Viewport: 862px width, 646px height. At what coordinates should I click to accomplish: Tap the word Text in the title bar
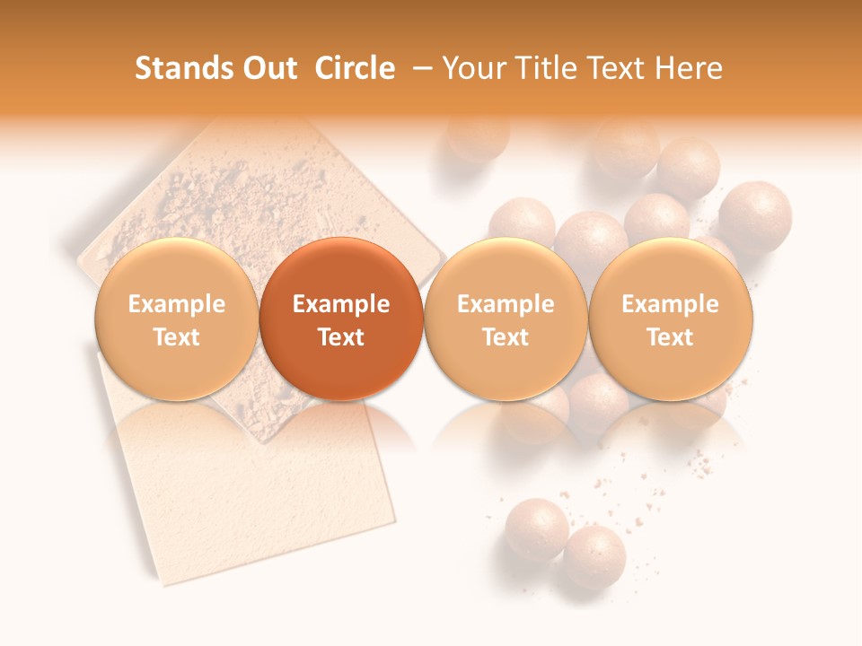pyautogui.click(x=620, y=68)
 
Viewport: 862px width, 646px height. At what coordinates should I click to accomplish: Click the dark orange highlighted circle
pyautogui.click(x=341, y=319)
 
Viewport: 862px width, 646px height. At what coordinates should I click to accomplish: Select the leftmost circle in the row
pyautogui.click(x=177, y=319)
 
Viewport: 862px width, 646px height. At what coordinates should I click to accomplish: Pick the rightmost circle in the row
pyautogui.click(x=671, y=319)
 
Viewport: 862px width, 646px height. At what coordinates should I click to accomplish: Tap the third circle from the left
pyautogui.click(x=506, y=319)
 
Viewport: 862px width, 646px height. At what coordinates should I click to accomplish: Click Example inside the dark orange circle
pyautogui.click(x=341, y=304)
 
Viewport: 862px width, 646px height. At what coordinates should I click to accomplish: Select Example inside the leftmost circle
pyautogui.click(x=177, y=304)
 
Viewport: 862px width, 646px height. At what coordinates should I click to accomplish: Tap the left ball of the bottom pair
pyautogui.click(x=536, y=529)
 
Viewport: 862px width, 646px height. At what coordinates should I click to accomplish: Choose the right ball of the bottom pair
pyautogui.click(x=594, y=556)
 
